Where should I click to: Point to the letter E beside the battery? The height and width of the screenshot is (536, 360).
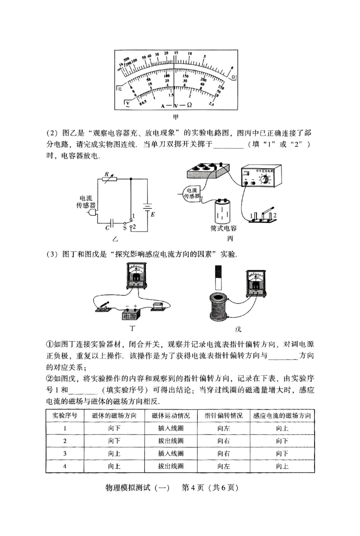tap(153, 214)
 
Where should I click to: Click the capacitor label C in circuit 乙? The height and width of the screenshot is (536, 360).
tap(107, 229)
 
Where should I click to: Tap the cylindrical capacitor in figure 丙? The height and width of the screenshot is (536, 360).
tap(224, 211)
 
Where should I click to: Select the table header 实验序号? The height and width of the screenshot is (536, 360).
tap(65, 415)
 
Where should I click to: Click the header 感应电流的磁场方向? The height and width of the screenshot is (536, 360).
tap(282, 415)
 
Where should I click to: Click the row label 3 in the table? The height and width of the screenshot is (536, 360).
tap(65, 454)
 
